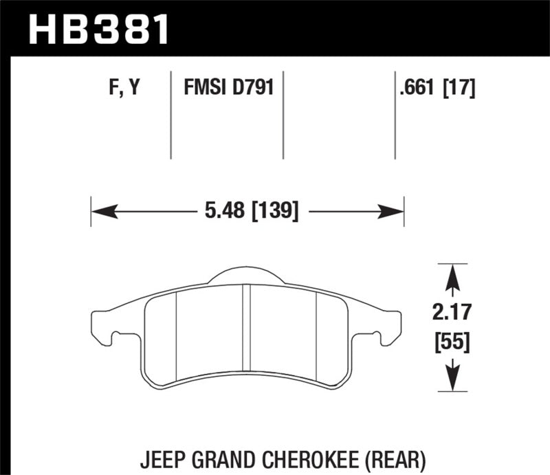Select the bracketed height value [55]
pyautogui.click(x=452, y=341)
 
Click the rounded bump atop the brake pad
pyautogui.click(x=245, y=274)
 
